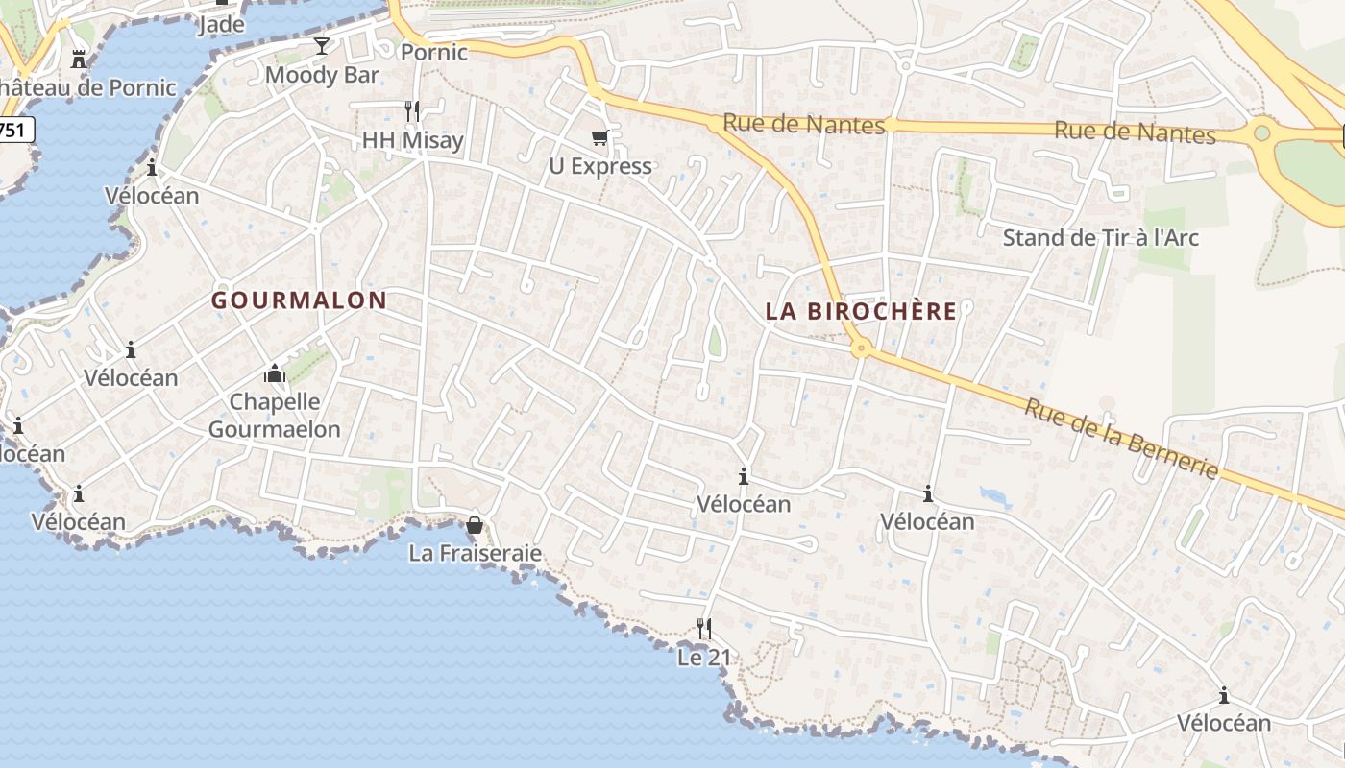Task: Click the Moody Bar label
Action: pos(322,75)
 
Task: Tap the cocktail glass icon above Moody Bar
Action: pos(322,46)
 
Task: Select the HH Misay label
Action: pos(412,140)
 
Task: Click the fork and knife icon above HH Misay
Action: pos(412,111)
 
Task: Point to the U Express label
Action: pos(600,166)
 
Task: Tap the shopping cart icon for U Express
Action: pos(600,138)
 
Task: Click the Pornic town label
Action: pos(434,52)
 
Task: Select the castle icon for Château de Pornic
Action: pos(78,60)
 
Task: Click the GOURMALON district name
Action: pos(299,300)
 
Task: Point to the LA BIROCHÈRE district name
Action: pos(862,311)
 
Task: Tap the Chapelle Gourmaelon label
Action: pos(275,415)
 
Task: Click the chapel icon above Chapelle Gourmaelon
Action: pos(275,372)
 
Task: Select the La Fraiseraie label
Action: pos(475,553)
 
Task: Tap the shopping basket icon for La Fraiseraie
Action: pos(475,525)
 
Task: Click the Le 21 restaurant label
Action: pos(704,658)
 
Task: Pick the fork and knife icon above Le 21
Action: pos(704,629)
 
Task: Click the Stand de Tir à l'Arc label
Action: pos(1101,237)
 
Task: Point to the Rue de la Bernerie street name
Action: pos(1121,439)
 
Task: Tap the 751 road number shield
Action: pos(15,130)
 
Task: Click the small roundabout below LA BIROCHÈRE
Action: pos(862,348)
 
